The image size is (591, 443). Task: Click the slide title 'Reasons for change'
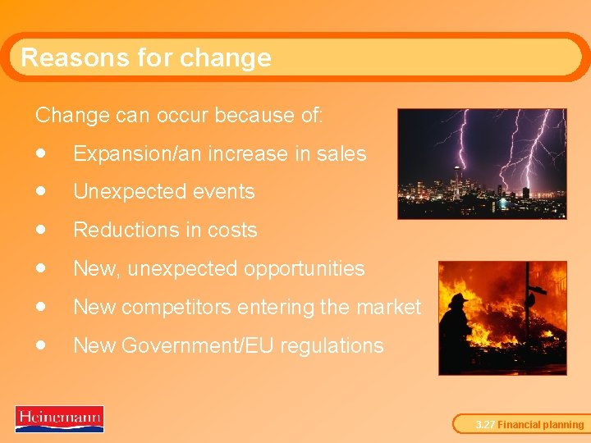click(x=145, y=57)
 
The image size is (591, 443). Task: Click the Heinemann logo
click(x=59, y=419)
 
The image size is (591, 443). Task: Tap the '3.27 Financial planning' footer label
click(x=530, y=425)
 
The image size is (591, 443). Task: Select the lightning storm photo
click(x=482, y=164)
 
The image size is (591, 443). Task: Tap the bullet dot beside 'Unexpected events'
click(x=40, y=191)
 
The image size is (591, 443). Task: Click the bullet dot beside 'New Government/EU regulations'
click(x=40, y=345)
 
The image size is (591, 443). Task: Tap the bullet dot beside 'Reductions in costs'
click(x=40, y=230)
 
